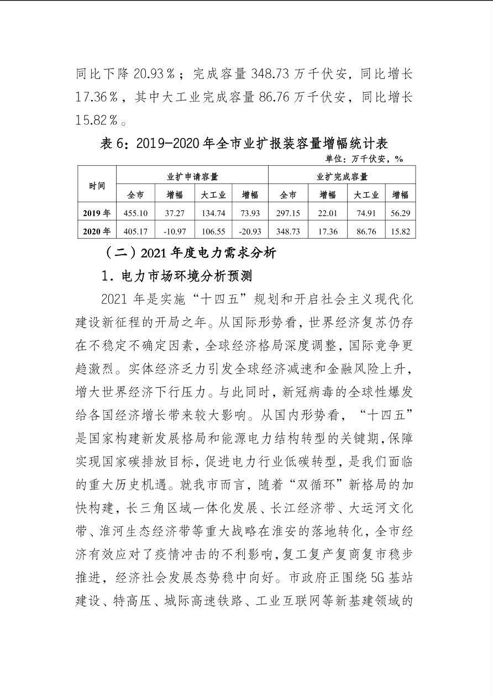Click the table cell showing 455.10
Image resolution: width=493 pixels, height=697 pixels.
point(135,213)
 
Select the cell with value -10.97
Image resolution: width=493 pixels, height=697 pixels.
point(175,231)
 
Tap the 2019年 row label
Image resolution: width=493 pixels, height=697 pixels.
point(97,213)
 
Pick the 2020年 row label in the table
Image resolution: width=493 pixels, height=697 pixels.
point(97,231)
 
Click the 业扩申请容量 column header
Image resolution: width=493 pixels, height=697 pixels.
point(192,177)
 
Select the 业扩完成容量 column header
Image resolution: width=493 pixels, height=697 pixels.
point(342,177)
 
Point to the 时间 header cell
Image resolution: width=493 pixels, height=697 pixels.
point(97,186)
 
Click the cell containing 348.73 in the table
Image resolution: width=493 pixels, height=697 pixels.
point(288,231)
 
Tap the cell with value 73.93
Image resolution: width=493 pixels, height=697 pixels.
point(250,213)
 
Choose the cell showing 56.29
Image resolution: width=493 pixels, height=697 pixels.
point(400,213)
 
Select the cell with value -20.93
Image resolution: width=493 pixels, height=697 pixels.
point(250,231)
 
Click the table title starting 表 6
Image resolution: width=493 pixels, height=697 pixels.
point(244,144)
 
